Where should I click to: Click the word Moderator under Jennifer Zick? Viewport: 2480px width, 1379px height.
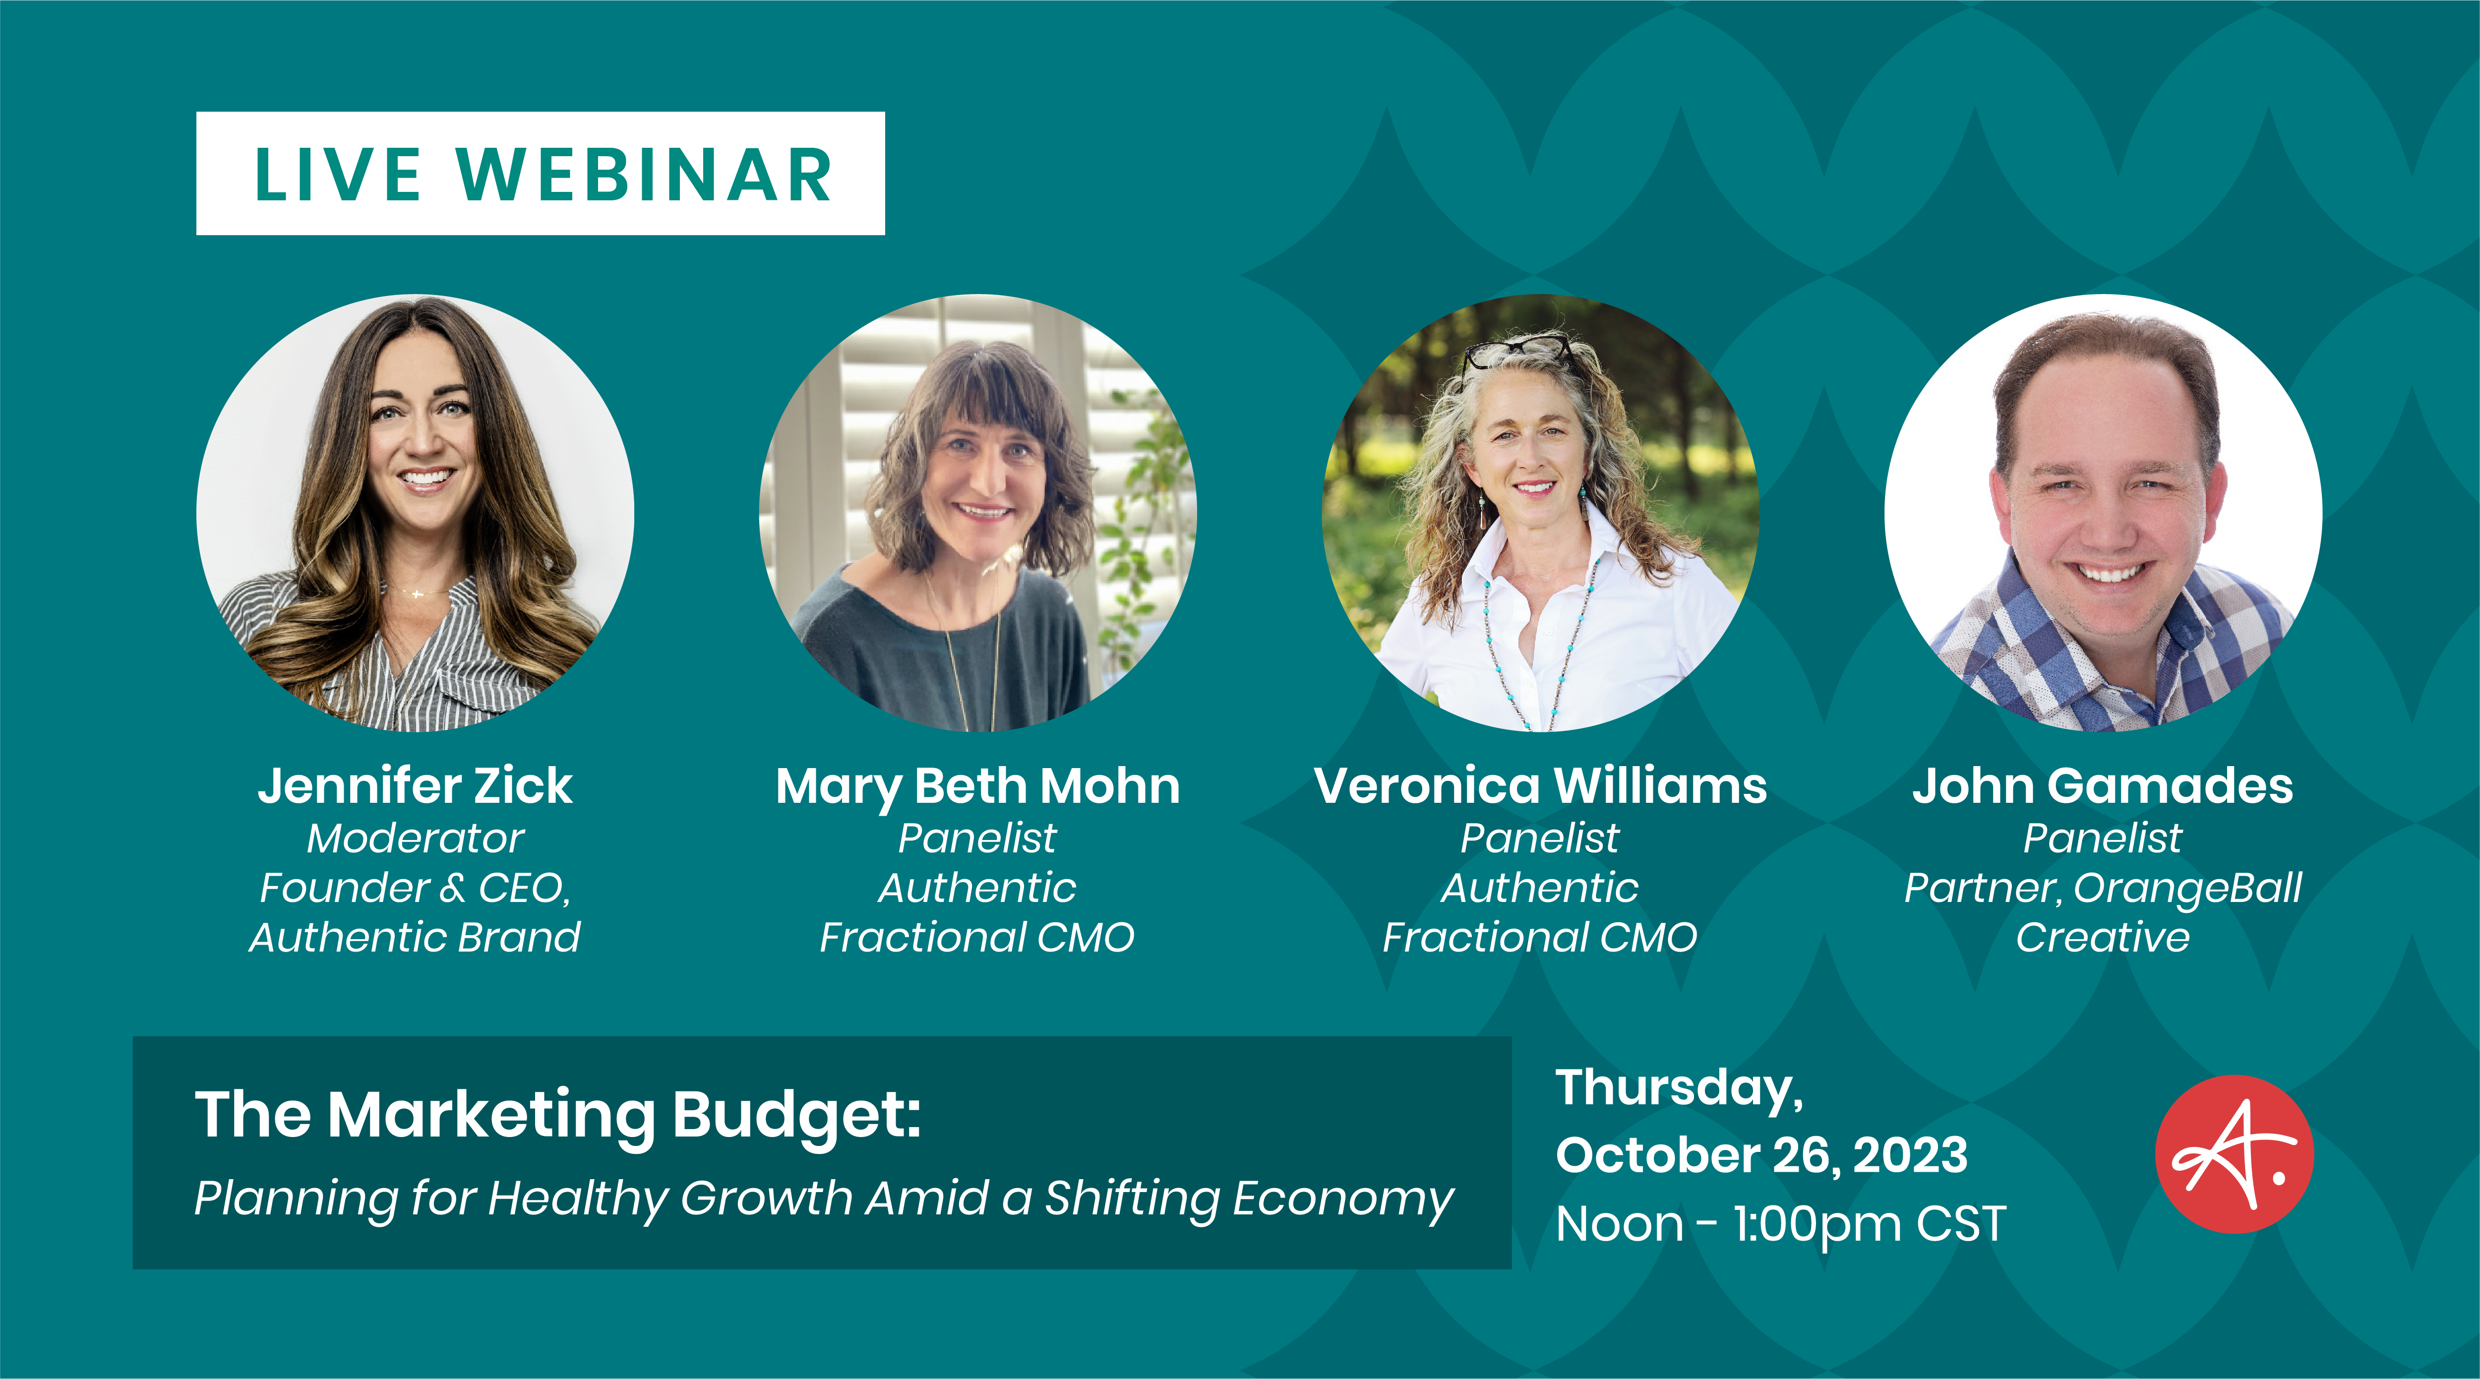pyautogui.click(x=415, y=838)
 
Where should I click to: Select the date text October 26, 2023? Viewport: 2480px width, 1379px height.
pyautogui.click(x=1762, y=1155)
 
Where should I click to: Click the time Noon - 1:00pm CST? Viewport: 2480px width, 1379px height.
pyautogui.click(x=1781, y=1224)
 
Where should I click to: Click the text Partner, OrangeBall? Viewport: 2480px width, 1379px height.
pyautogui.click(x=2103, y=888)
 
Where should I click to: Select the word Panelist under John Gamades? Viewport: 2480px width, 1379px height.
pyautogui.click(x=2103, y=838)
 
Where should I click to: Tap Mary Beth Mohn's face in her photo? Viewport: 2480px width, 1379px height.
pyautogui.click(x=982, y=481)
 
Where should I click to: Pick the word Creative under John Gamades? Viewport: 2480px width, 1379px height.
pyautogui.click(x=2103, y=937)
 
